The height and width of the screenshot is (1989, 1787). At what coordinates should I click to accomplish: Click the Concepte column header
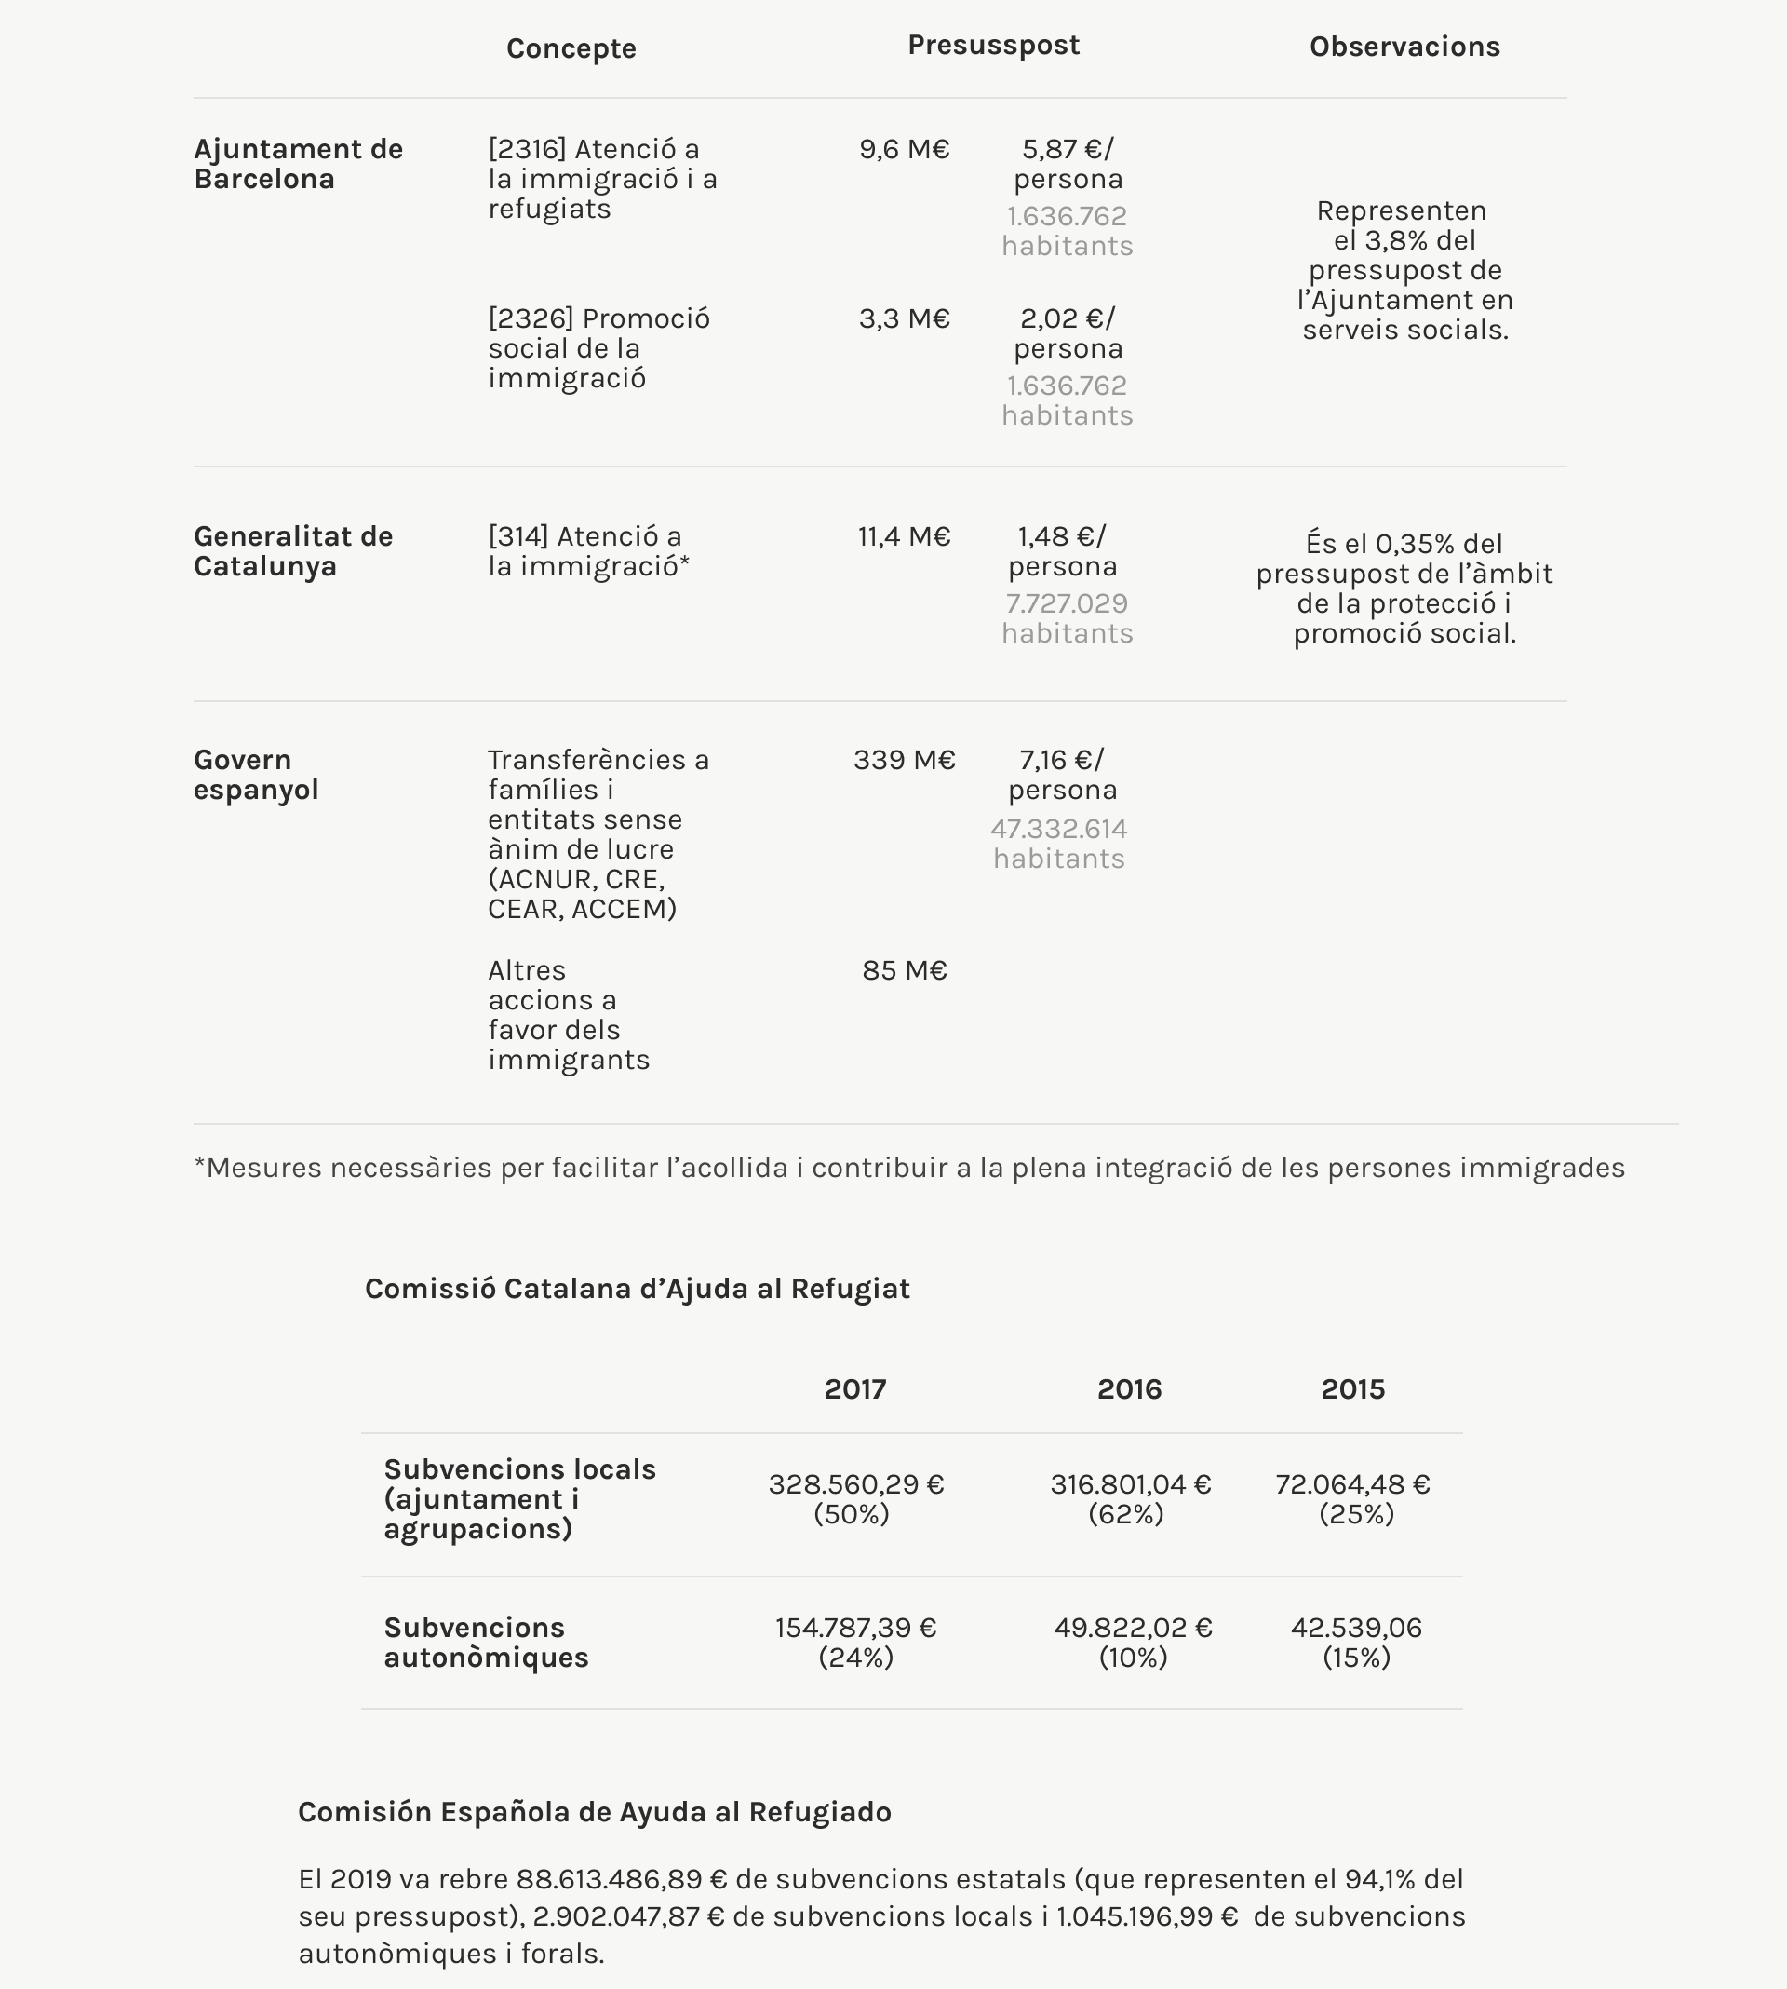click(571, 48)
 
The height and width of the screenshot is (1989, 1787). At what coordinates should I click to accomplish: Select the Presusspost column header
click(993, 46)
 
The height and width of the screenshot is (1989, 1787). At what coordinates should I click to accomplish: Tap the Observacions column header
click(1404, 47)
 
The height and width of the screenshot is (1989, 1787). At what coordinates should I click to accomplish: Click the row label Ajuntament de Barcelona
click(298, 163)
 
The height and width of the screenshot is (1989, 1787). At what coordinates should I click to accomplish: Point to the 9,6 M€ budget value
click(904, 149)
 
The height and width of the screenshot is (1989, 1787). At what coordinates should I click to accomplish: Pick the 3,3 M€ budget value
click(904, 318)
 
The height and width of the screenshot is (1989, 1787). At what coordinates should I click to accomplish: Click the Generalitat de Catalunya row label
click(292, 550)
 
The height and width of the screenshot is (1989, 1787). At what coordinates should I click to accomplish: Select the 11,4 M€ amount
click(904, 536)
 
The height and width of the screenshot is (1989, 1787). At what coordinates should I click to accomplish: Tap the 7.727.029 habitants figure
click(1067, 616)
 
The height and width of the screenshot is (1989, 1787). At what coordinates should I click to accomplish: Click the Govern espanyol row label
click(255, 774)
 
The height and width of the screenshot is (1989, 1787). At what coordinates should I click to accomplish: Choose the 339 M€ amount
click(904, 759)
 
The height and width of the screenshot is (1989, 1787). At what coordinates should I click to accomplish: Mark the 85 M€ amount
click(904, 969)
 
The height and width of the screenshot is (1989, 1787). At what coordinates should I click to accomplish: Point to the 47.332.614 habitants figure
click(1058, 843)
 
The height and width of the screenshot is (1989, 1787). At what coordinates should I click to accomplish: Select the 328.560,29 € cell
click(855, 1483)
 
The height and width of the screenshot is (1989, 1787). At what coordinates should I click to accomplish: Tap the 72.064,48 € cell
click(1352, 1483)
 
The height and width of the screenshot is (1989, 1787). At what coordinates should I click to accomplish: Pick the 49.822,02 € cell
click(1133, 1628)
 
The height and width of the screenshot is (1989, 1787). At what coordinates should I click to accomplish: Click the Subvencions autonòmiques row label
click(485, 1642)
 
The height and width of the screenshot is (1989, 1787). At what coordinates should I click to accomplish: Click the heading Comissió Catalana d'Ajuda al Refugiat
click(637, 1288)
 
